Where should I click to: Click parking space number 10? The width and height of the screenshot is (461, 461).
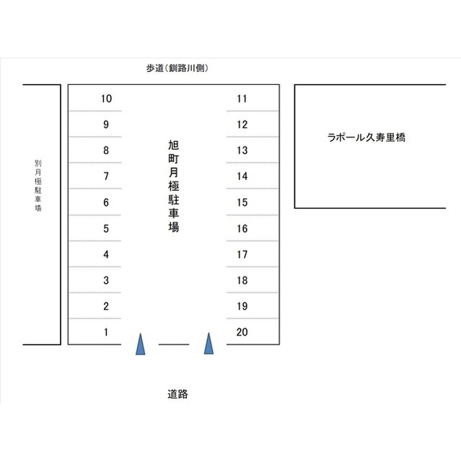(x=106, y=99)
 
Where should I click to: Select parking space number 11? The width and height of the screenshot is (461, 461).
(x=242, y=99)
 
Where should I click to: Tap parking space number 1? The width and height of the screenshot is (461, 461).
(x=106, y=332)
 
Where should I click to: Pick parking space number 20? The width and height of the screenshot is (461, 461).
(x=242, y=332)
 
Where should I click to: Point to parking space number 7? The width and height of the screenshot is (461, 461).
(x=106, y=176)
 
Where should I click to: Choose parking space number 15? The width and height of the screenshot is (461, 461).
(x=242, y=202)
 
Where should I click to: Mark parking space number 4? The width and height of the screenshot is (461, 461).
(x=106, y=254)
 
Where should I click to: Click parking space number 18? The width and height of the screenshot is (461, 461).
(x=242, y=280)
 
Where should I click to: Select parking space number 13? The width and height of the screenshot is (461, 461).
(x=242, y=151)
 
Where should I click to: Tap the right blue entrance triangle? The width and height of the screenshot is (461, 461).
(x=208, y=344)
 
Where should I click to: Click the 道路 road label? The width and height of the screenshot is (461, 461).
(x=177, y=394)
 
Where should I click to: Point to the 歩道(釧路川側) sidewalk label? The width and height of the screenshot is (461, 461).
(x=177, y=68)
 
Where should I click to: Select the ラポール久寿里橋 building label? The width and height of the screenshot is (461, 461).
(x=366, y=138)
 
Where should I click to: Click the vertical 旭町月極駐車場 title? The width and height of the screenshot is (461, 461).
(x=174, y=186)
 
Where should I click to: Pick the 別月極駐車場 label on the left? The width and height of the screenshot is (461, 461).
(x=38, y=186)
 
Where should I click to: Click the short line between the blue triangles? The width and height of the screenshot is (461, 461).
(x=174, y=344)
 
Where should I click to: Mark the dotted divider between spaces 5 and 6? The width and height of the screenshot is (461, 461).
(x=95, y=215)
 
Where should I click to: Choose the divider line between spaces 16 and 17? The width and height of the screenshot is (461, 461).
(x=252, y=241)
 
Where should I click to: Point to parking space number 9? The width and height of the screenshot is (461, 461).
(x=106, y=125)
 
